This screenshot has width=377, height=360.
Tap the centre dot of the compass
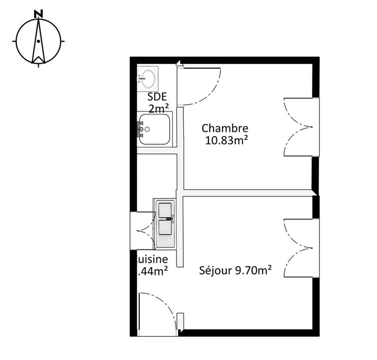click(38, 41)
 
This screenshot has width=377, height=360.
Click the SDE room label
click(157, 98)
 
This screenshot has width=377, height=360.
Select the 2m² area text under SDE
click(159, 109)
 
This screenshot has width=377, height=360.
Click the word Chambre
click(225, 128)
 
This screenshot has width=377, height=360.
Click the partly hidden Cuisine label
click(151, 259)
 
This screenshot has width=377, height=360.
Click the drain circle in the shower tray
click(148, 129)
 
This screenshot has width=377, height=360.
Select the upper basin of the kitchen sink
click(165, 210)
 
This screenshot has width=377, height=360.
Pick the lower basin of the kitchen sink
click(165, 228)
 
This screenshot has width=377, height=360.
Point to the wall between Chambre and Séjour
click(245, 193)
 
